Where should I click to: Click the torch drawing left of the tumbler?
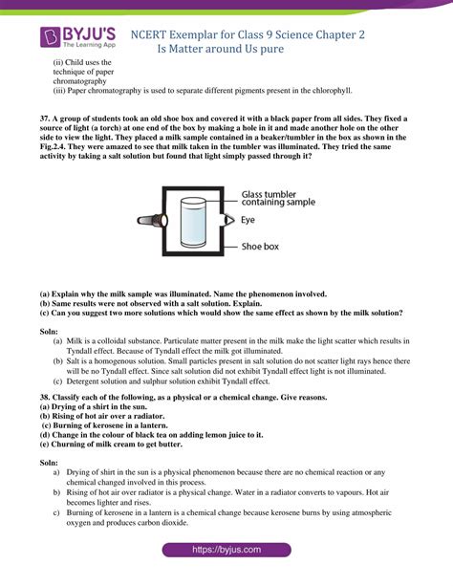[152, 221]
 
